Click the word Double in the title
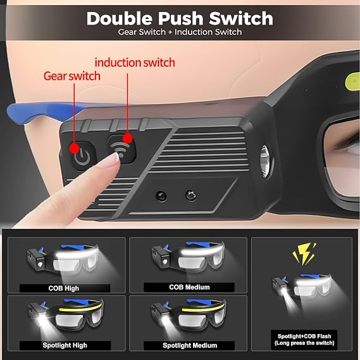[x=119, y=18]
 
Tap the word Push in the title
[x=180, y=18]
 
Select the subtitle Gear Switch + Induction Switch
[x=180, y=32]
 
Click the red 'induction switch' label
[x=135, y=63]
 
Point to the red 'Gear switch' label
[x=72, y=76]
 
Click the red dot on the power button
[x=74, y=148]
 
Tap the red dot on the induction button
[x=127, y=139]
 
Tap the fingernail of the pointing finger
[x=114, y=158]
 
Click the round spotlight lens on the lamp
[x=264, y=161]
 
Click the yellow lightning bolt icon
[x=304, y=254]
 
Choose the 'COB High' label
[x=64, y=288]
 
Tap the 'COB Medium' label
[x=189, y=287]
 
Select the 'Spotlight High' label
[x=65, y=345]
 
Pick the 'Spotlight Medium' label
[x=190, y=345]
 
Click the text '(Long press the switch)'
[x=304, y=343]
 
